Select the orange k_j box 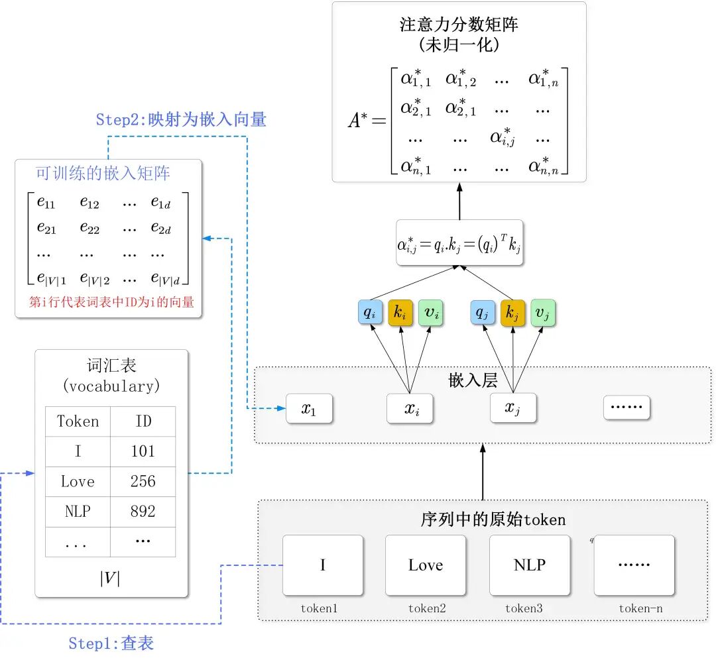pos(512,313)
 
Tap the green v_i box pos(432,313)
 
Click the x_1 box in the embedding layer pos(309,409)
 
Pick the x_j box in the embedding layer pos(512,408)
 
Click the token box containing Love pos(425,565)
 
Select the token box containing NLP pos(530,565)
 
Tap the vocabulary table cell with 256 pos(143,482)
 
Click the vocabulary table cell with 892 pos(143,512)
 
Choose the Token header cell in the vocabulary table pos(78,421)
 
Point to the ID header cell pos(143,421)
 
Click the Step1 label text pos(111,643)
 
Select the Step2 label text pos(181,120)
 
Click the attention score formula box pos(460,243)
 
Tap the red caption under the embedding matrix pos(111,302)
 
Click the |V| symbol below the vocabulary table pos(110,578)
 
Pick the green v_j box pos(543,313)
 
